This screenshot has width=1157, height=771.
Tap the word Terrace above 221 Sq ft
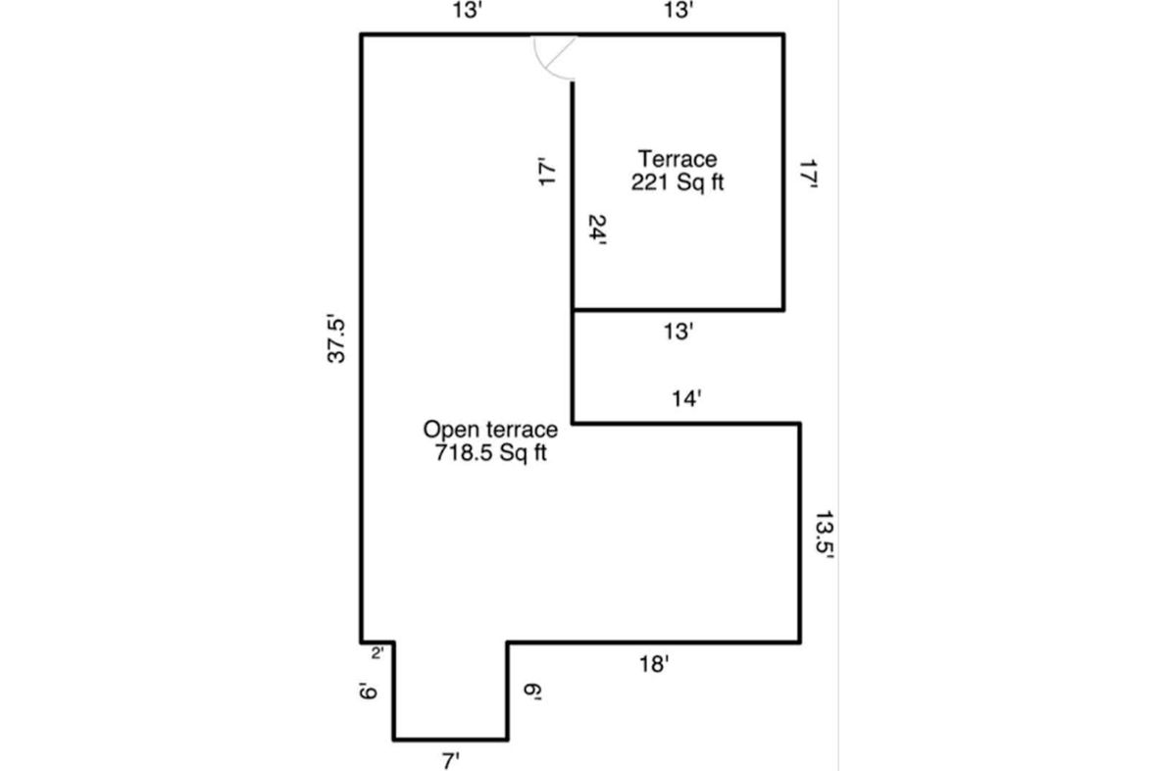pyautogui.click(x=678, y=159)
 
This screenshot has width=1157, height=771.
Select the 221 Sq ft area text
pyautogui.click(x=678, y=182)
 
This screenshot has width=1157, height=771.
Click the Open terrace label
pyautogui.click(x=490, y=430)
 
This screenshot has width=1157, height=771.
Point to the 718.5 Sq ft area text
pyautogui.click(x=490, y=453)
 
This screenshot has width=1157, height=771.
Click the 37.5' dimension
pyautogui.click(x=335, y=339)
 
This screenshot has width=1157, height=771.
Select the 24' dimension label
pyautogui.click(x=597, y=230)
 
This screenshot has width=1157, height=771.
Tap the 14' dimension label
pyautogui.click(x=685, y=399)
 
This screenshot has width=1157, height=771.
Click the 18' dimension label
pyautogui.click(x=654, y=665)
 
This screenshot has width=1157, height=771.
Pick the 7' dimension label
pyautogui.click(x=451, y=760)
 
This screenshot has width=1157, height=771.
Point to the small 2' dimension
pyautogui.click(x=377, y=653)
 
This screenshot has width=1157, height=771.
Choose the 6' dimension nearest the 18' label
pyautogui.click(x=532, y=692)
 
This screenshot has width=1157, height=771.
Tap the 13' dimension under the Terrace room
pyautogui.click(x=678, y=332)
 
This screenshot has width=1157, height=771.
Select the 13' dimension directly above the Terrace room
pyautogui.click(x=678, y=11)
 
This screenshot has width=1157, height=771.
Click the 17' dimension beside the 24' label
pyautogui.click(x=546, y=172)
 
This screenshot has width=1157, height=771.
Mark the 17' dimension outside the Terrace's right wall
pyautogui.click(x=809, y=176)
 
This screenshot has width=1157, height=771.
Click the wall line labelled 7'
pyautogui.click(x=451, y=739)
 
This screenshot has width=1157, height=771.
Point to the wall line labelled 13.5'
pyautogui.click(x=800, y=533)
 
